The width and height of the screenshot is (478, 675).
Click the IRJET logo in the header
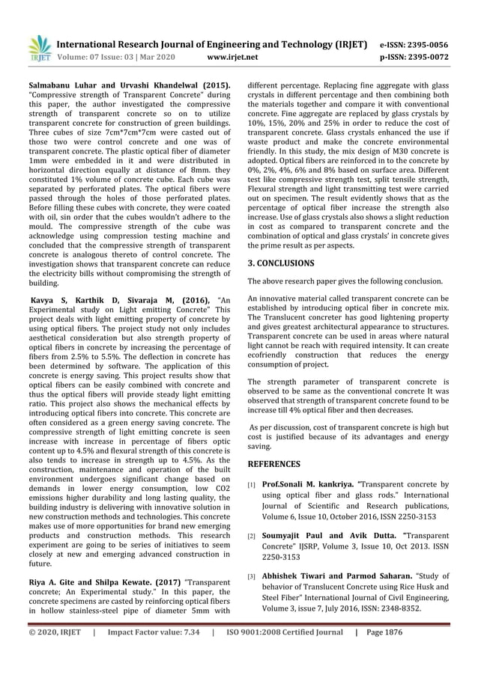coord(38,48)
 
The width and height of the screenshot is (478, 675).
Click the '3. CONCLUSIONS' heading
coord(282,263)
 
